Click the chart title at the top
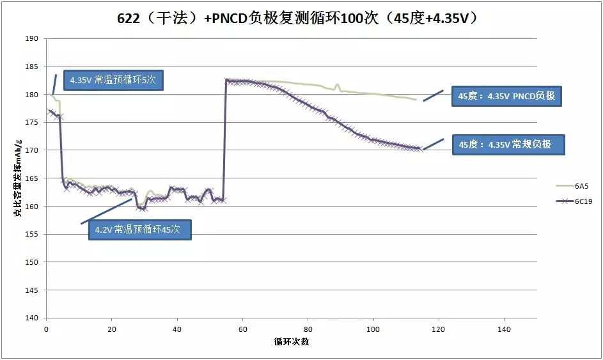tap(301, 19)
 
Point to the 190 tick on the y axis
tap(32, 39)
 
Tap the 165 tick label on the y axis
tap(32, 178)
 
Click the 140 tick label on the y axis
tap(32, 318)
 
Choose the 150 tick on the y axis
tap(32, 262)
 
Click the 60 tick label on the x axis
tap(242, 329)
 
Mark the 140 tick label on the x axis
tap(504, 329)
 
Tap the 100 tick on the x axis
tap(373, 329)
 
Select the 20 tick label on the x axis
tap(111, 329)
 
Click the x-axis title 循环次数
tap(292, 341)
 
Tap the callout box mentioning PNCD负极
tap(506, 97)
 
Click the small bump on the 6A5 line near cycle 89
tap(337, 84)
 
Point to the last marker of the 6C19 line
tap(419, 148)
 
